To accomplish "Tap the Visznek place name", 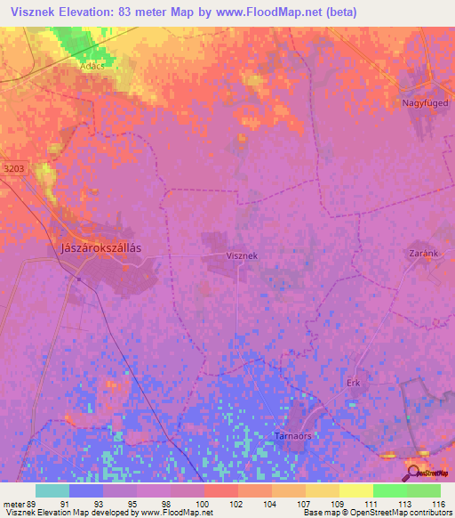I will tap(242, 255).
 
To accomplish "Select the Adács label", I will tap(92, 66).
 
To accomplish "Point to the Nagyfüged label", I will tap(419, 103).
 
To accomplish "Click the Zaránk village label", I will tap(423, 254).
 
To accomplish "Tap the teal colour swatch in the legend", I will tap(52, 490).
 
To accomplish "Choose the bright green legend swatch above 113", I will tap(389, 490).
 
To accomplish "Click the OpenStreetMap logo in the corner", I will tap(430, 471).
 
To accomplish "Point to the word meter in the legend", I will tap(14, 504).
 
